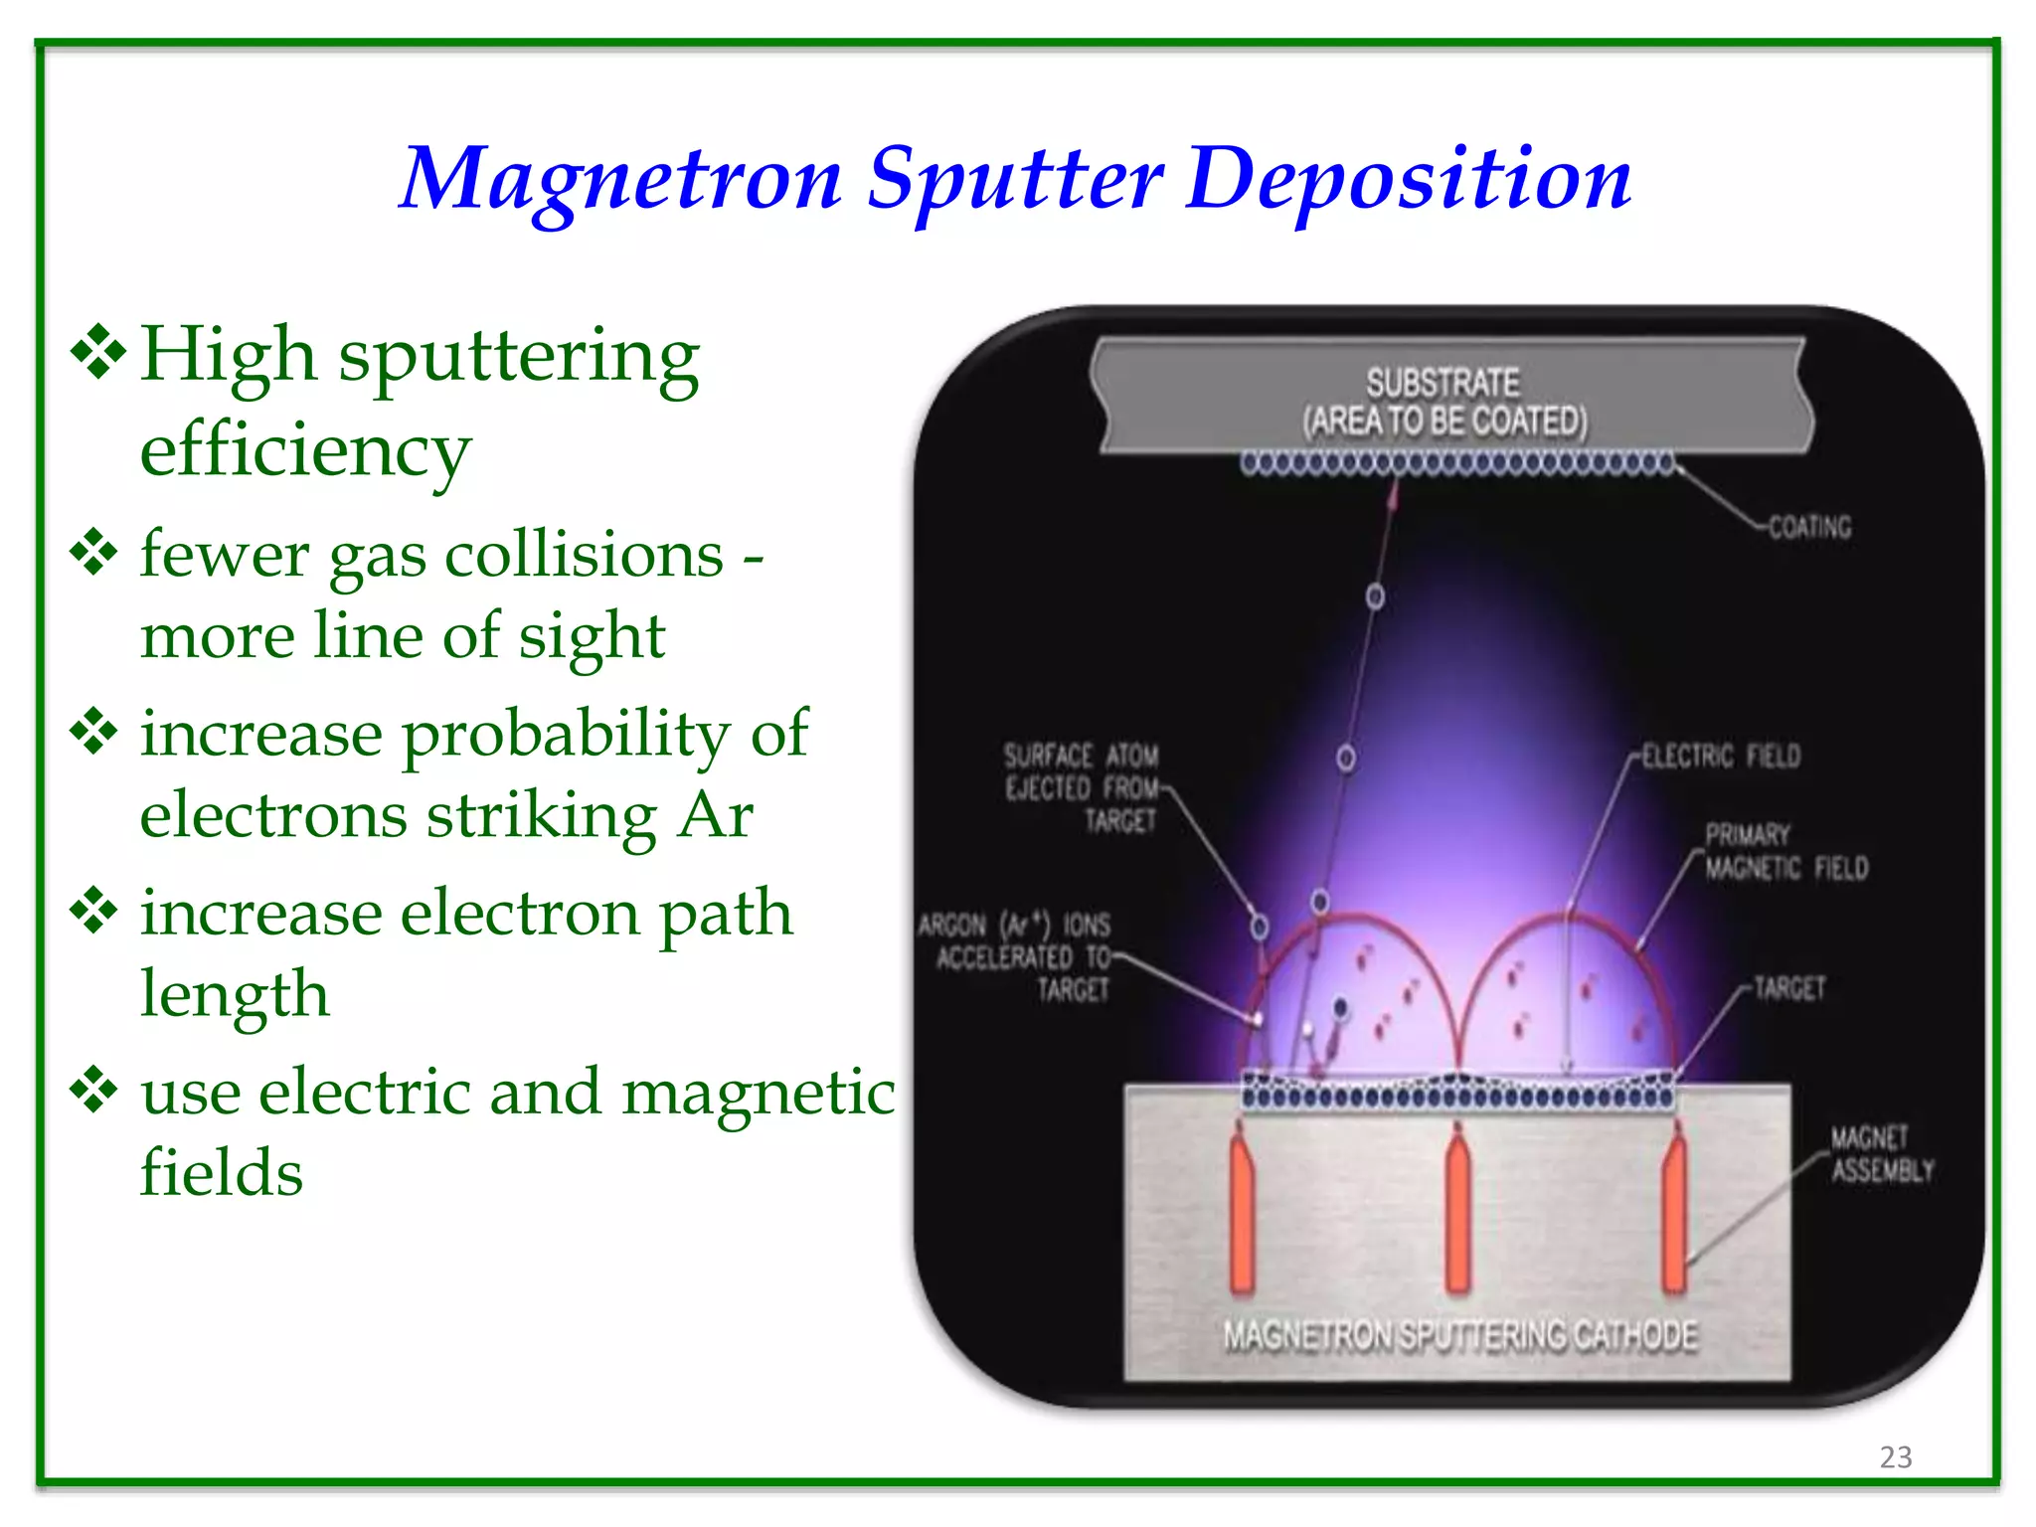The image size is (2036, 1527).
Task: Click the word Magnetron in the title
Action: click(620, 179)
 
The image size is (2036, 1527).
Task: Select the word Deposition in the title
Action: click(1408, 179)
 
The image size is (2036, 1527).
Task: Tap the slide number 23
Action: click(1895, 1456)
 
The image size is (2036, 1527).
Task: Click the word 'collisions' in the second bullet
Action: click(584, 555)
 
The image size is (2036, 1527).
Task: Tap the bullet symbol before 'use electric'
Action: click(95, 1091)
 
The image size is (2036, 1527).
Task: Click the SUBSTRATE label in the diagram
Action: click(1442, 383)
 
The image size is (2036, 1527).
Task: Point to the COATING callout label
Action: click(1809, 527)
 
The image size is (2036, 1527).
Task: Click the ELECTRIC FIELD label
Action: click(1721, 757)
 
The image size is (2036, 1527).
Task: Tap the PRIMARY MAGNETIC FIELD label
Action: click(1785, 852)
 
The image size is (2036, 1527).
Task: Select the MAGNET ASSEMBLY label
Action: click(1882, 1154)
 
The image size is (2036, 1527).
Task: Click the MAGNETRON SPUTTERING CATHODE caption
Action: click(1459, 1336)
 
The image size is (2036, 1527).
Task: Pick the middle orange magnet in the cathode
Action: click(1457, 1213)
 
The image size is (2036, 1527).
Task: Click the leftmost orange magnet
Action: click(1242, 1213)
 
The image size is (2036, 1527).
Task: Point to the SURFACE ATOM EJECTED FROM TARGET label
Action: click(1082, 788)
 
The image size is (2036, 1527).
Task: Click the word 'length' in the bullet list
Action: click(235, 994)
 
